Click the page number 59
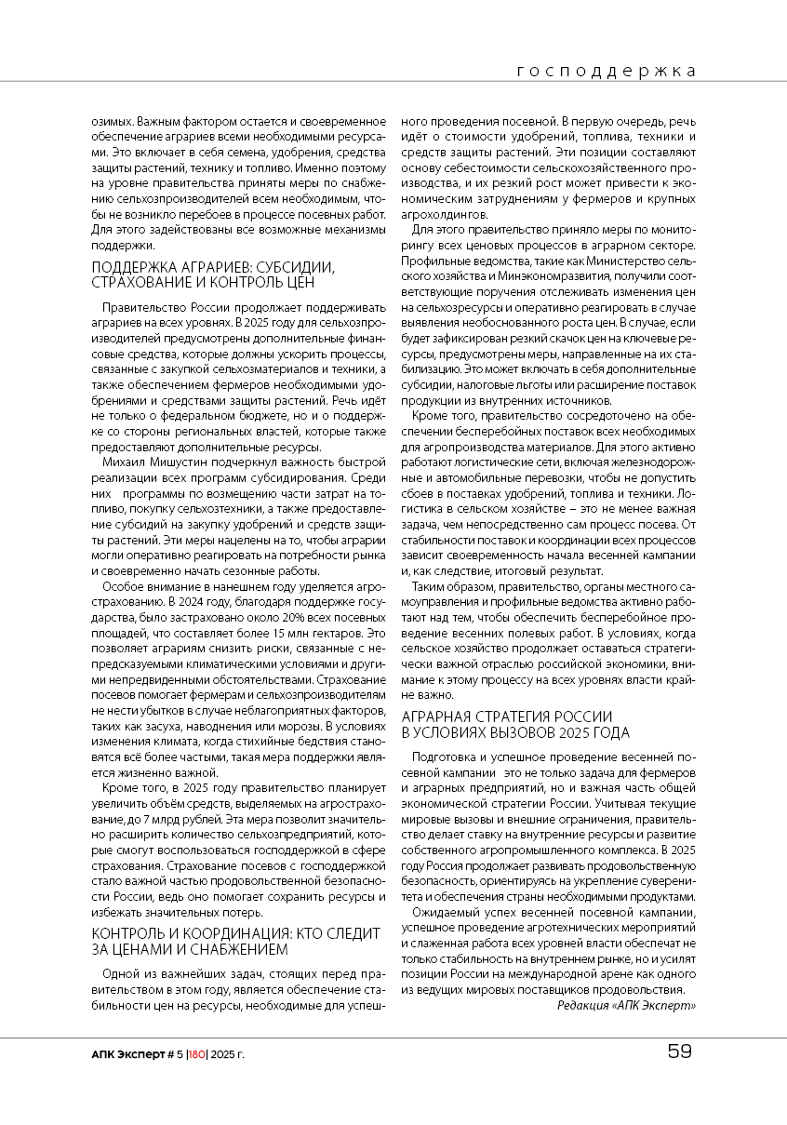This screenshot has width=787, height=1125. [679, 1052]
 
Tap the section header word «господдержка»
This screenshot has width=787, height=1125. [606, 72]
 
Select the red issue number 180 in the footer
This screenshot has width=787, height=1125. [196, 1053]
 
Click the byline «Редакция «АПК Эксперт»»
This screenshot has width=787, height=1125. [626, 1005]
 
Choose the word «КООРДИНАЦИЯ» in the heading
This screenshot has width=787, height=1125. [221, 934]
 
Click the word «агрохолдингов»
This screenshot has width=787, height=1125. [441, 214]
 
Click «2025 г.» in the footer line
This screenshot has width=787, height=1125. [229, 1053]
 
